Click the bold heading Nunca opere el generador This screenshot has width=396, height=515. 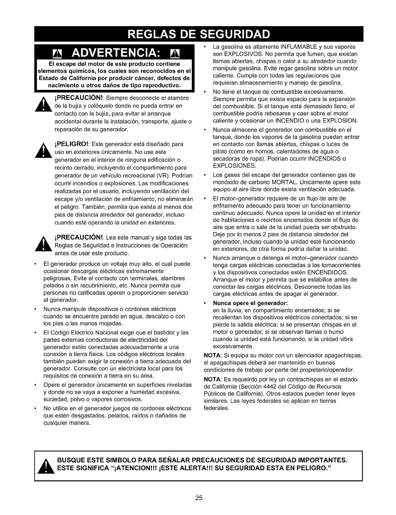250,303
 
